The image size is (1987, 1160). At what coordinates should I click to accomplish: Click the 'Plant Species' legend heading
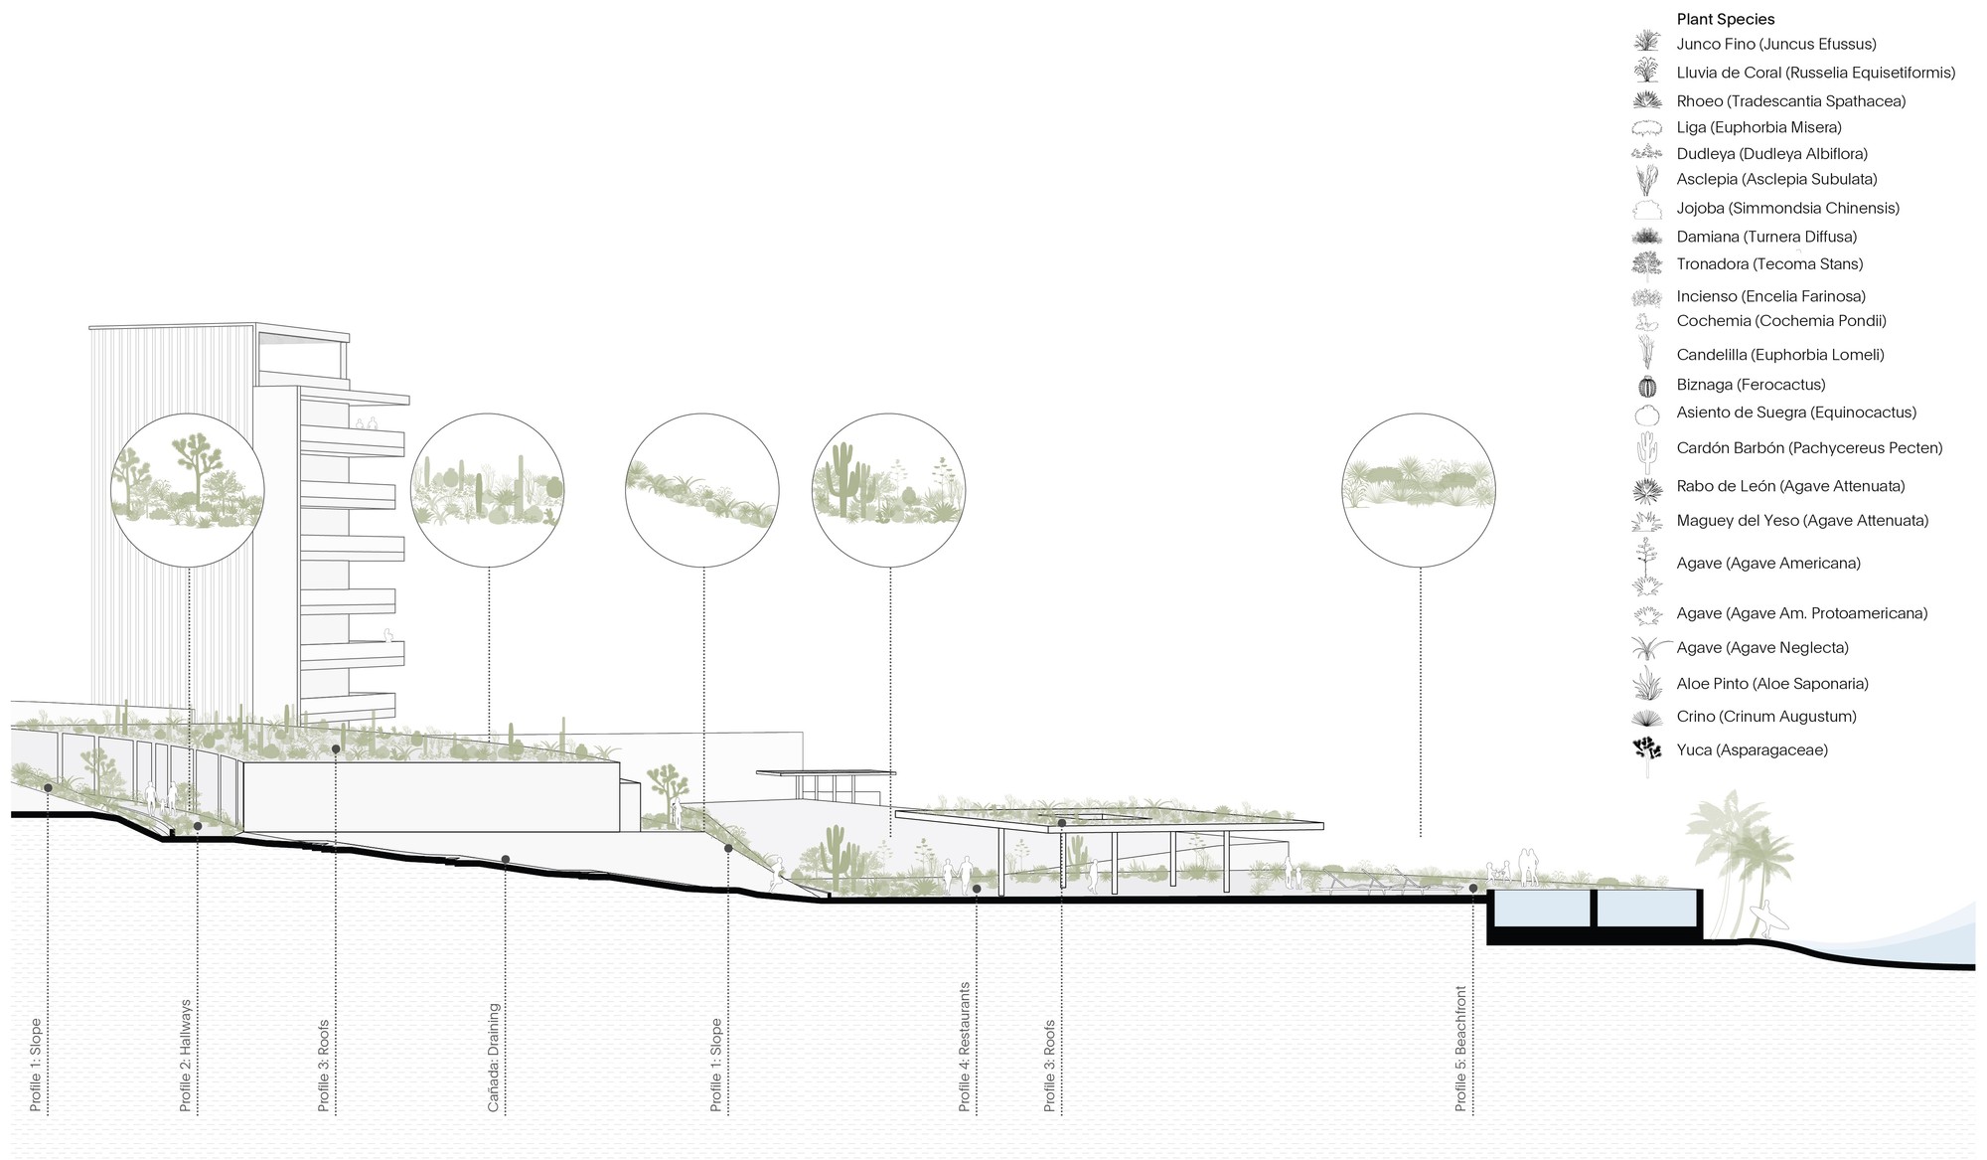pyautogui.click(x=1725, y=19)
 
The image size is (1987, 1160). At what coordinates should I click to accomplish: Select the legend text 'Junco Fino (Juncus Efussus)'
pyautogui.click(x=1776, y=44)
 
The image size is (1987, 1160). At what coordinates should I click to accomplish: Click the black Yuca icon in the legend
pyautogui.click(x=1646, y=750)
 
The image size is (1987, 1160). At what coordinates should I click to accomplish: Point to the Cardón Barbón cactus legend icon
pyautogui.click(x=1647, y=449)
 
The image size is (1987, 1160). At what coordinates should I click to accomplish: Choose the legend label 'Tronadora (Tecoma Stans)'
pyautogui.click(x=1769, y=264)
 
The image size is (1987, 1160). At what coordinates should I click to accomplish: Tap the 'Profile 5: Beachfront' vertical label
pyautogui.click(x=1460, y=1049)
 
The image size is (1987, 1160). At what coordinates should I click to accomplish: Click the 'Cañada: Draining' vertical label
pyautogui.click(x=494, y=1058)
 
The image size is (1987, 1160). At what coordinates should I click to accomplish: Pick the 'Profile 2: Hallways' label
pyautogui.click(x=186, y=1056)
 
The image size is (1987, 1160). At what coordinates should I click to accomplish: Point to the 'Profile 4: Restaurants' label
pyautogui.click(x=964, y=1047)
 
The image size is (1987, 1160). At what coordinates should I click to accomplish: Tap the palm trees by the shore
pyautogui.click(x=1727, y=855)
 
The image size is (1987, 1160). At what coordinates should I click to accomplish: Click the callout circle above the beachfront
pyautogui.click(x=1419, y=490)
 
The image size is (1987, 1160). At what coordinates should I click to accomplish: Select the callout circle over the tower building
pyautogui.click(x=188, y=490)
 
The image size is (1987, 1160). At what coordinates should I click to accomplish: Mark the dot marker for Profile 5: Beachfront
pyautogui.click(x=1473, y=889)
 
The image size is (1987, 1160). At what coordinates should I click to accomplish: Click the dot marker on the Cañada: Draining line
pyautogui.click(x=506, y=859)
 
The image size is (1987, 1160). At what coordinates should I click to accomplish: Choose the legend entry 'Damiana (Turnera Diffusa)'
pyautogui.click(x=1766, y=237)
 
